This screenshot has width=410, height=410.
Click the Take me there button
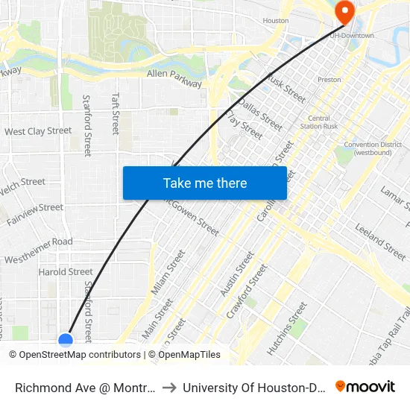(205, 183)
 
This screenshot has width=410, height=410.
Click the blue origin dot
(66, 341)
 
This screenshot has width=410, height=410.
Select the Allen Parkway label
(174, 78)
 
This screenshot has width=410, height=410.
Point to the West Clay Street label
(38, 131)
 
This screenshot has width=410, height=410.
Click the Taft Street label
(116, 113)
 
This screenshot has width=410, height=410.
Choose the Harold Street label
(66, 272)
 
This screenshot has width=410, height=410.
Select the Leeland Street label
(379, 236)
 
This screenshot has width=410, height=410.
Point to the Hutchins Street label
(287, 328)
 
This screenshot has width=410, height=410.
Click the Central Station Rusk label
(319, 122)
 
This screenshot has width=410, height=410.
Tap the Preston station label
(329, 80)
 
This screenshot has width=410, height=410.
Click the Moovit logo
(365, 386)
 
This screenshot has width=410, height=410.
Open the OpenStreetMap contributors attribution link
(80, 355)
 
